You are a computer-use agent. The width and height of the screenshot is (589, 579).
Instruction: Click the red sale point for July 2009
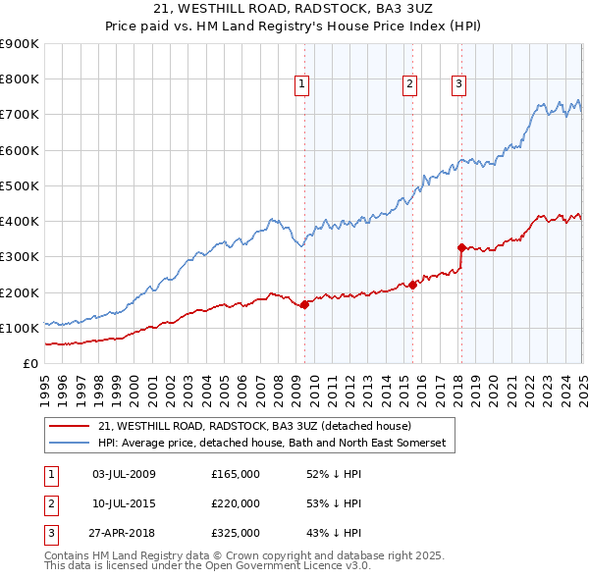coord(304,304)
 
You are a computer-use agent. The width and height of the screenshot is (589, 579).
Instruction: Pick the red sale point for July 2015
coord(412,285)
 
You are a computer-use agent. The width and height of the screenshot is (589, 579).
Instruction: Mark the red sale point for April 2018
coord(461,247)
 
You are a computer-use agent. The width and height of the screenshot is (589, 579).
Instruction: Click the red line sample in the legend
coord(69,426)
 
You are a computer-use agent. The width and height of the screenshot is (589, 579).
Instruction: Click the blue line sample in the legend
coord(69,444)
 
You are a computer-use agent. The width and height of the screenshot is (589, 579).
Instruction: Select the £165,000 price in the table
coord(236,474)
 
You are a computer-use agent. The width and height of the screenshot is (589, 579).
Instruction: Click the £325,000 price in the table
coord(236,533)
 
